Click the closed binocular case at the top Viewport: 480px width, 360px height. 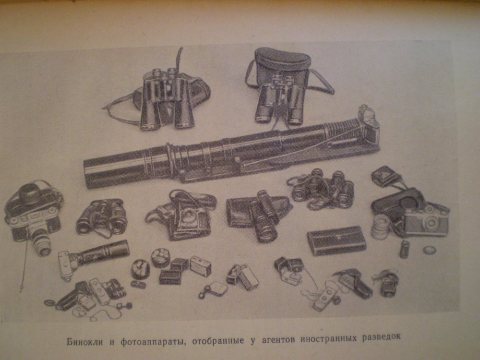(282, 64)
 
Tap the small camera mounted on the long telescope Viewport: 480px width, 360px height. (370, 125)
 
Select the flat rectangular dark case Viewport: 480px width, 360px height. (336, 240)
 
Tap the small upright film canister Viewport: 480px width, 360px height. (404, 249)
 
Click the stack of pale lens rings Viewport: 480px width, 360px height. (381, 227)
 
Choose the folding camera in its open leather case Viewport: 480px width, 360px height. (184, 214)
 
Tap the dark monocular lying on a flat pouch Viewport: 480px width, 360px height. (263, 217)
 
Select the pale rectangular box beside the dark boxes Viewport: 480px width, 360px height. (201, 266)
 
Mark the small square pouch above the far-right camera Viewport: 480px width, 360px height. (383, 175)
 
